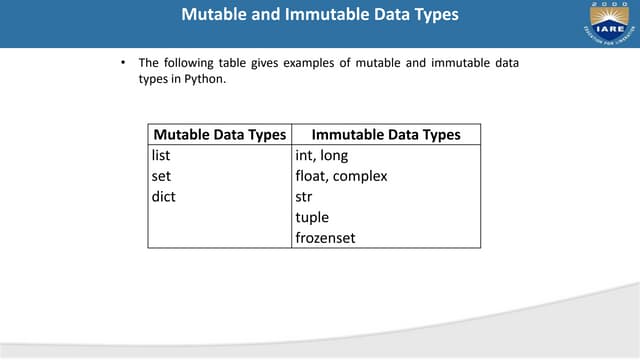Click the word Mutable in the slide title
click(x=218, y=15)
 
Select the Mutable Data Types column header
click(x=219, y=135)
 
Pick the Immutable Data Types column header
click(x=386, y=135)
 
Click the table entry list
click(x=161, y=156)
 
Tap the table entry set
click(x=161, y=176)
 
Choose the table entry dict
click(x=163, y=197)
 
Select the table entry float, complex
click(x=341, y=176)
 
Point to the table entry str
click(x=304, y=197)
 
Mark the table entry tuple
click(x=312, y=217)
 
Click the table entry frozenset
click(x=326, y=238)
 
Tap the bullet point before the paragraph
click(x=122, y=64)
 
